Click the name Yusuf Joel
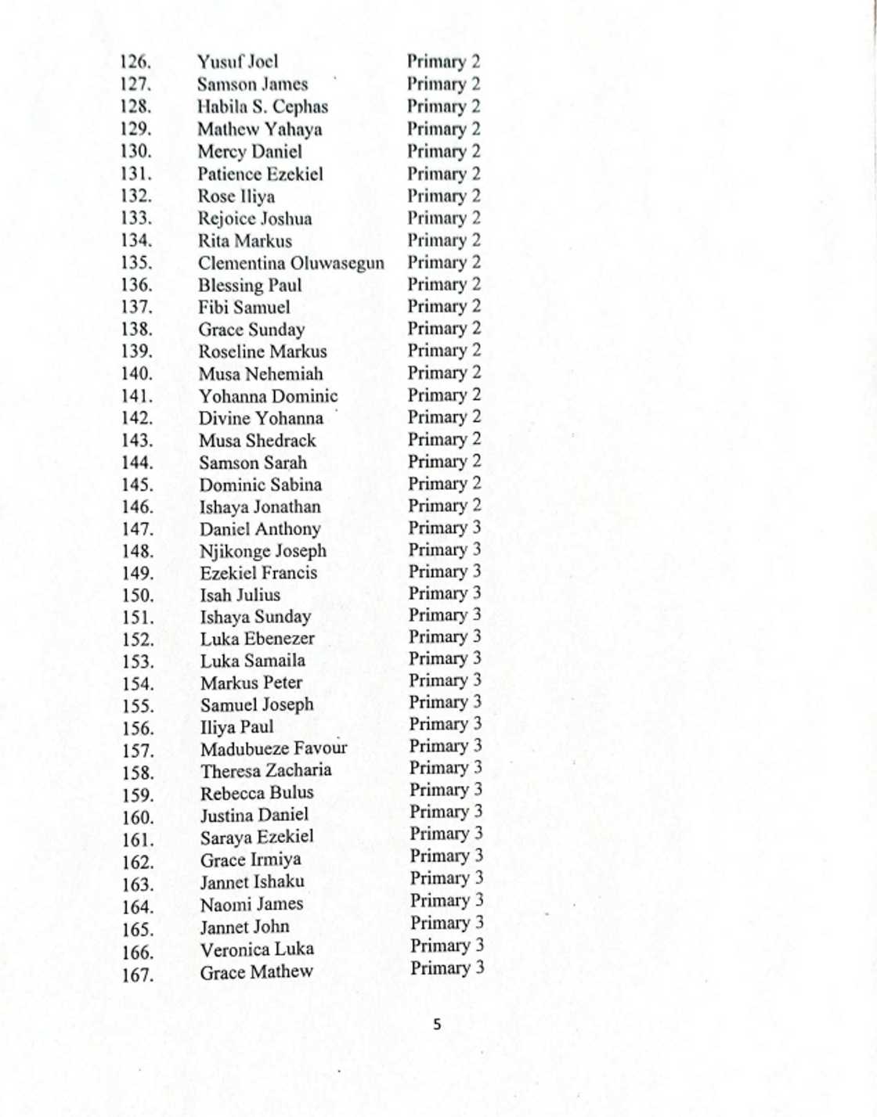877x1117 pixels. [x=237, y=62]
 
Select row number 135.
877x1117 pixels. [x=136, y=263]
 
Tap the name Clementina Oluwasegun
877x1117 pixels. [x=291, y=263]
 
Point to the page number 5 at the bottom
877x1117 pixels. [x=437, y=1024]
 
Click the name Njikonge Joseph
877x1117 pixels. [x=262, y=551]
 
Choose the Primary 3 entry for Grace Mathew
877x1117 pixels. [x=447, y=968]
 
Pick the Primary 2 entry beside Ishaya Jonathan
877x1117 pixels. [x=444, y=506]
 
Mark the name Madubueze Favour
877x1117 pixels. [x=273, y=748]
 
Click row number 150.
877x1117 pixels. [x=138, y=596]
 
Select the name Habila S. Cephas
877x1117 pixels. [x=262, y=106]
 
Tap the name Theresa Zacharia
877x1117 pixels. [x=265, y=770]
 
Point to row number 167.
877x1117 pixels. [x=138, y=975]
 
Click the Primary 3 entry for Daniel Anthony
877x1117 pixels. [x=444, y=528]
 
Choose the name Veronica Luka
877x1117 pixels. [x=257, y=949]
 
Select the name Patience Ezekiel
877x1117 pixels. [x=260, y=174]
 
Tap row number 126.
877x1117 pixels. [x=135, y=62]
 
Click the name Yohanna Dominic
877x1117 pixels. [x=268, y=396]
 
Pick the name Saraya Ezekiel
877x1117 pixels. [x=257, y=837]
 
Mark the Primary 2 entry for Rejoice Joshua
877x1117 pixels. [x=443, y=218]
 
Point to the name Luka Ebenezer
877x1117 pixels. [x=258, y=639]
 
